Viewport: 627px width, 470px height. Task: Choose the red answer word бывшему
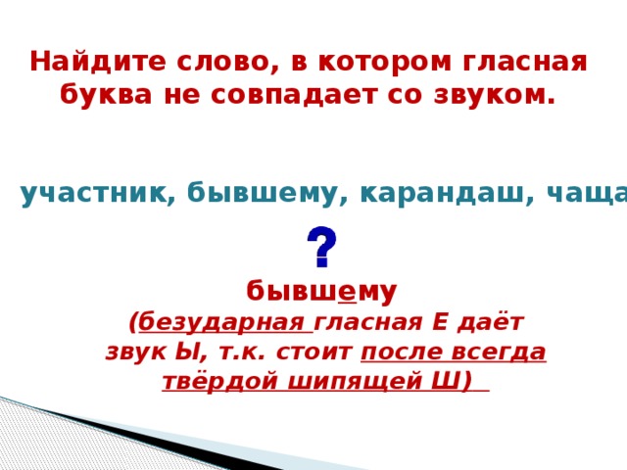point(321,291)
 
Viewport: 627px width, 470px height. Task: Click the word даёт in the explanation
point(495,322)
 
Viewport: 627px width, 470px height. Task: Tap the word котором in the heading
point(376,62)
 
